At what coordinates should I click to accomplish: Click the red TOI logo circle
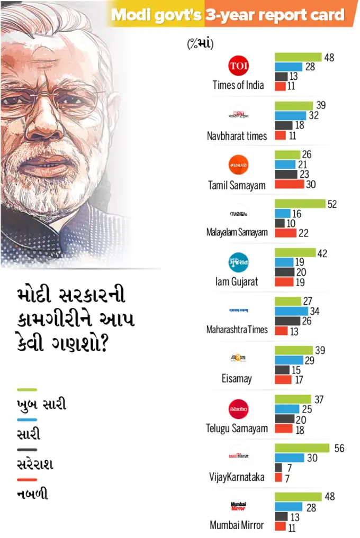(238, 66)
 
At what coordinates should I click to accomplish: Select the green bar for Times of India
(298, 57)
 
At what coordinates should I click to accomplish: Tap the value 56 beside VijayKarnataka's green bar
(339, 448)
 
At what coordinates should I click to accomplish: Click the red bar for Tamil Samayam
(290, 184)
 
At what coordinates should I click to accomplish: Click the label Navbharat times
(237, 136)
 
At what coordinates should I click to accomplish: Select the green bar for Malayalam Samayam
(300, 204)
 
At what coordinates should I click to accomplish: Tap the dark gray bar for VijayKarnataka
(278, 468)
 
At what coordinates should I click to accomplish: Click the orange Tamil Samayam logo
(238, 165)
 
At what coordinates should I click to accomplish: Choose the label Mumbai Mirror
(237, 525)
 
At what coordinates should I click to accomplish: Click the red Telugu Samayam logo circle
(238, 409)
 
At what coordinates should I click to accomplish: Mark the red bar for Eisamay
(283, 379)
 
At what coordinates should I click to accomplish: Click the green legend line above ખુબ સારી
(27, 390)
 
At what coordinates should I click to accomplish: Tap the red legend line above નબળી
(27, 480)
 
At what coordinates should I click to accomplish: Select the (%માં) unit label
(200, 44)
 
